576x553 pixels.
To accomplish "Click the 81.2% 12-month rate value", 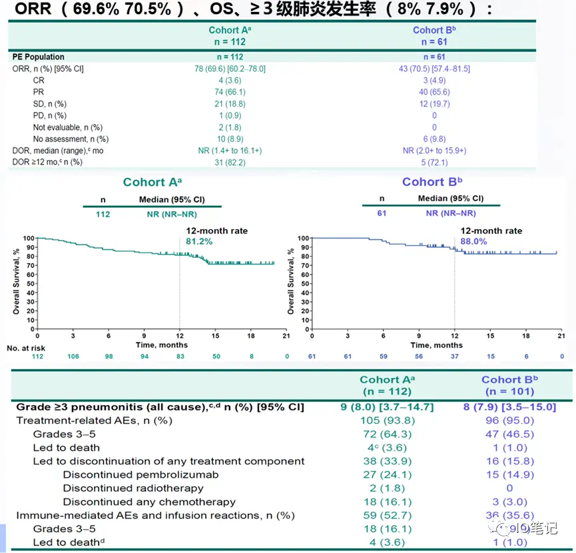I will click(x=199, y=241).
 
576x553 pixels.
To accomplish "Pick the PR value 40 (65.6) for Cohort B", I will click(x=433, y=92).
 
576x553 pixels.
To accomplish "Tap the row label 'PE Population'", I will click(x=39, y=57).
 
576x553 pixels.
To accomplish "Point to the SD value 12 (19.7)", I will click(x=433, y=104).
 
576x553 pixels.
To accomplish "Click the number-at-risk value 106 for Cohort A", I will click(x=73, y=356).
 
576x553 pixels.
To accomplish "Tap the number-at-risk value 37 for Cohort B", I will click(x=454, y=356).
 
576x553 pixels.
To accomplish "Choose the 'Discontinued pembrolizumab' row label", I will click(x=139, y=475).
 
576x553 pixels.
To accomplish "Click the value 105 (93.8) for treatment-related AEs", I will click(x=386, y=420).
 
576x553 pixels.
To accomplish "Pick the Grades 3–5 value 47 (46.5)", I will click(x=509, y=434).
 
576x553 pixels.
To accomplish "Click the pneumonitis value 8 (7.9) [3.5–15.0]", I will click(x=509, y=406).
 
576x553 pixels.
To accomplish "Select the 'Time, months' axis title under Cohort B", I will click(x=437, y=345).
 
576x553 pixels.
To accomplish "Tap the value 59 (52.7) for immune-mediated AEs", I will click(x=386, y=515).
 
